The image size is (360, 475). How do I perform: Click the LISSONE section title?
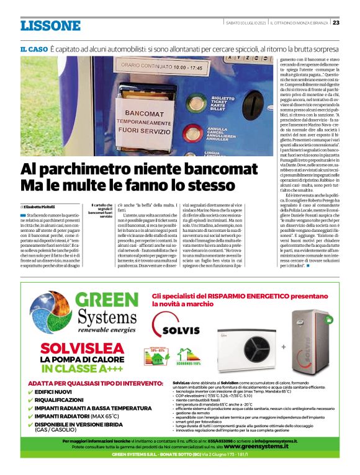[x=50, y=25]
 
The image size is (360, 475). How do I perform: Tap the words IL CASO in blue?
[x=33, y=48]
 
